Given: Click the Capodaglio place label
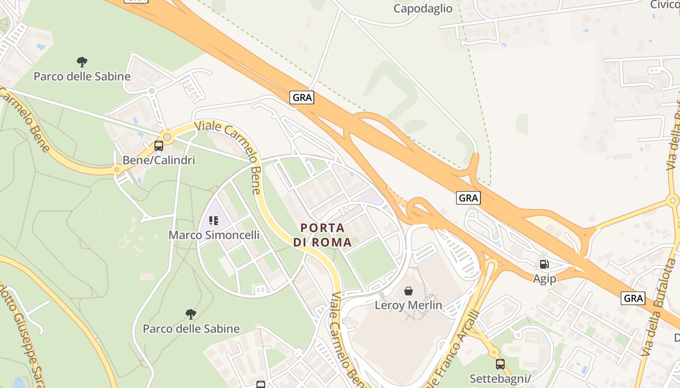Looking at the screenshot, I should pyautogui.click(x=423, y=8).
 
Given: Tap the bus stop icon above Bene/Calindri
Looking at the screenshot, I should pyautogui.click(x=158, y=145).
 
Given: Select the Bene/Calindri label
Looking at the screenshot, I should pyautogui.click(x=158, y=160).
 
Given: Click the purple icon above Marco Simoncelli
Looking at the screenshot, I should pyautogui.click(x=214, y=221).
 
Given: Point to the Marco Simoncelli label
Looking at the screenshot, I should pyautogui.click(x=214, y=235).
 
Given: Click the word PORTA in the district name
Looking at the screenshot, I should pyautogui.click(x=323, y=227).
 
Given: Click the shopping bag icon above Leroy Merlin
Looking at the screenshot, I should pyautogui.click(x=408, y=291).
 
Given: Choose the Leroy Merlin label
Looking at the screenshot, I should pyautogui.click(x=408, y=305).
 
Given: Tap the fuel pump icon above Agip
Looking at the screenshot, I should pyautogui.click(x=544, y=264).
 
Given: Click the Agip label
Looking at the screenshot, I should pyautogui.click(x=544, y=279).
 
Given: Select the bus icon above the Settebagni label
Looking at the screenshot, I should pyautogui.click(x=500, y=364).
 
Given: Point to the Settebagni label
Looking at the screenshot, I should pyautogui.click(x=500, y=378).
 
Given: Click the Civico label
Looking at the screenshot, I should pyautogui.click(x=664, y=4).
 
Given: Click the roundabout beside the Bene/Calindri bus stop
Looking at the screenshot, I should pyautogui.click(x=168, y=137).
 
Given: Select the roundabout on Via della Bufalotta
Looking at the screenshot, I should pyautogui.click(x=673, y=200).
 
